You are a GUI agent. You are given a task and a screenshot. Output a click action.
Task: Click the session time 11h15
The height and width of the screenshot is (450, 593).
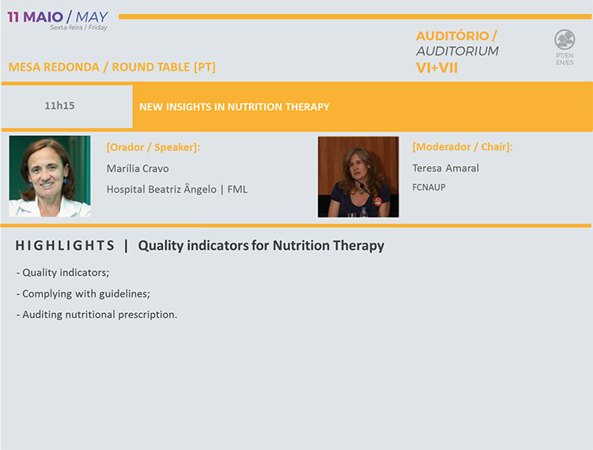(59, 105)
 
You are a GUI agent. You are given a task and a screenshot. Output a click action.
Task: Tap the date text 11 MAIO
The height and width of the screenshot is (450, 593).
(35, 17)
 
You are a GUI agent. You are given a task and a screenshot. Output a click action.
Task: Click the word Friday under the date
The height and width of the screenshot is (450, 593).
(98, 28)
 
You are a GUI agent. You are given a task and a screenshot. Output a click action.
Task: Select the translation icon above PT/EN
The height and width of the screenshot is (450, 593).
(565, 40)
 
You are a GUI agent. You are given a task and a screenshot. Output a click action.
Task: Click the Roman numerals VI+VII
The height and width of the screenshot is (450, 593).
(436, 68)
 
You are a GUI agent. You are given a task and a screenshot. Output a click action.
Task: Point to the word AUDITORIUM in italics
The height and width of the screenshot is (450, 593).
(457, 51)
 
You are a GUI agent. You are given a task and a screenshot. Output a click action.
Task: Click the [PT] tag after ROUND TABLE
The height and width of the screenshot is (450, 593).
(205, 67)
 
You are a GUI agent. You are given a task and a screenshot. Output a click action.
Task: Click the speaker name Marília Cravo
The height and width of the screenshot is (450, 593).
(138, 168)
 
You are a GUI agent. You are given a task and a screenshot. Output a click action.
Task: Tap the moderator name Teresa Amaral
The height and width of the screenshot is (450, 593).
(445, 168)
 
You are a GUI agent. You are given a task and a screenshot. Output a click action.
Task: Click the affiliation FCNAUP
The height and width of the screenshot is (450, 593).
(429, 187)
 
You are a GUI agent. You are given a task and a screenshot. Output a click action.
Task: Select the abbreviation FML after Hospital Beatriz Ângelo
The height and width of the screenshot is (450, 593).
(237, 189)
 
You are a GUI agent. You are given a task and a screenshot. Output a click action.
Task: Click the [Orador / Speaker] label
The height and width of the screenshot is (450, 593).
(153, 147)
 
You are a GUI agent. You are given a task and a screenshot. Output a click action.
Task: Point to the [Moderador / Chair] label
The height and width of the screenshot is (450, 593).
(463, 147)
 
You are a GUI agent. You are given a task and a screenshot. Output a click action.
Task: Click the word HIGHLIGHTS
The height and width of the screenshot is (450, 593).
(65, 246)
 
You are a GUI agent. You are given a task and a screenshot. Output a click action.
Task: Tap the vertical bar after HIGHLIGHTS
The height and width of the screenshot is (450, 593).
(126, 246)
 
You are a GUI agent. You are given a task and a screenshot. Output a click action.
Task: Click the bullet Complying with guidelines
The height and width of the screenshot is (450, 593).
(83, 294)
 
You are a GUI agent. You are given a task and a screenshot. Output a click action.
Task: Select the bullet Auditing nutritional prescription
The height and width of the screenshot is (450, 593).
(96, 315)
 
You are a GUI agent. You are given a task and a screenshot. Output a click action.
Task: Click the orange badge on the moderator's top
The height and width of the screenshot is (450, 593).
(377, 201)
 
